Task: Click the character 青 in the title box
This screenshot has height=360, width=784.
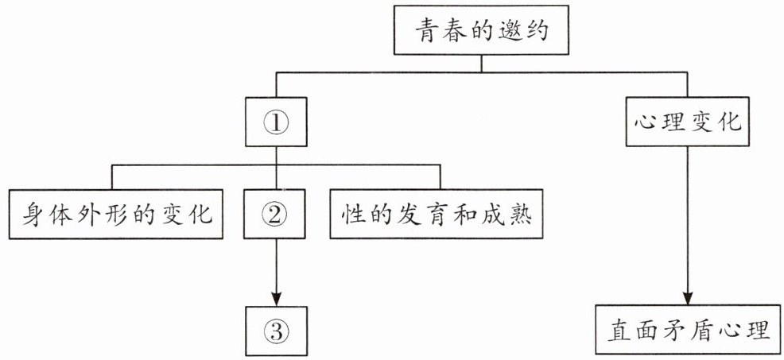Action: pos(426,31)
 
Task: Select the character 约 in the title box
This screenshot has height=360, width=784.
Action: pos(538,31)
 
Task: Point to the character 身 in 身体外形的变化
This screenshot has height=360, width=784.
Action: pos(31,215)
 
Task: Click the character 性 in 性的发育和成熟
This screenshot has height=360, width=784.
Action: pos(352,215)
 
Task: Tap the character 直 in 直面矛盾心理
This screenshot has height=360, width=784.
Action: pos(619,331)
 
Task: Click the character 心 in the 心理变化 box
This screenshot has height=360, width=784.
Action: pos(646,122)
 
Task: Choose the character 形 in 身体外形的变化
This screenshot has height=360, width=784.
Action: pos(116,215)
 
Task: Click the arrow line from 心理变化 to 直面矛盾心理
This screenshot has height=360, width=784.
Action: pos(688,226)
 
